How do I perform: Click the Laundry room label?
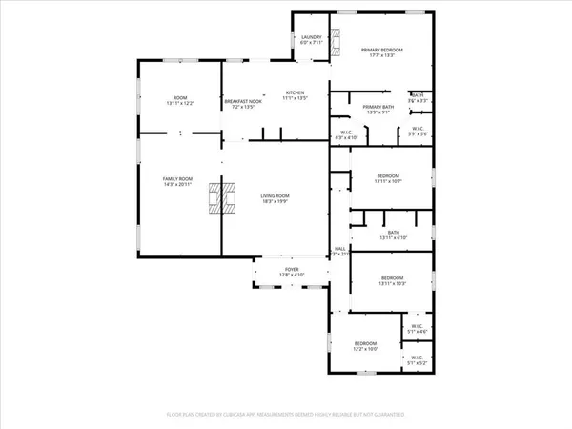coord(311,39)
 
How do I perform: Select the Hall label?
coord(339,252)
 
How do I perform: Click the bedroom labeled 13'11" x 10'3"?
coord(392,280)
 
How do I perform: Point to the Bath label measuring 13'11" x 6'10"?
coord(393,235)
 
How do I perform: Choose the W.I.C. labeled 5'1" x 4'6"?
coord(417,329)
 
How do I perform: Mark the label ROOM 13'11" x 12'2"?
coord(179,100)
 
